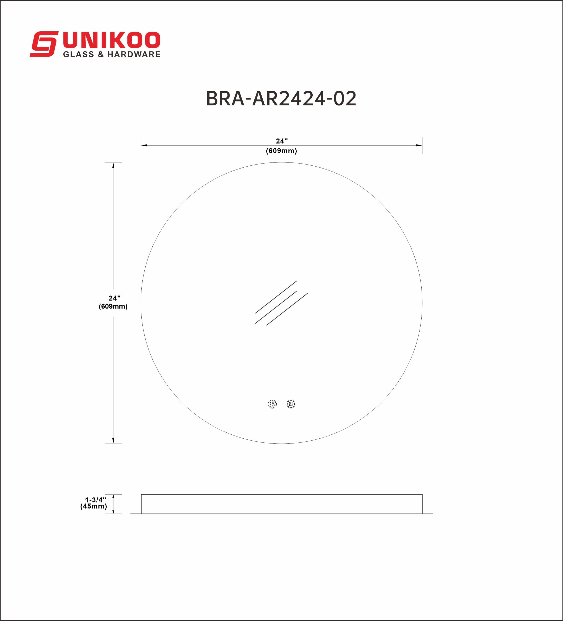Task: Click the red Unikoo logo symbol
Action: click(x=44, y=44)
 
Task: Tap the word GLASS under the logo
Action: click(x=79, y=55)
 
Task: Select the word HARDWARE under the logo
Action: click(x=134, y=55)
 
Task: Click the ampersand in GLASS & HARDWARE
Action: click(x=101, y=55)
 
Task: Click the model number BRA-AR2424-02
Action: click(x=281, y=99)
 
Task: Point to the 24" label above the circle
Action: click(x=281, y=141)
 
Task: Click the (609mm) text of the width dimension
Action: click(x=281, y=151)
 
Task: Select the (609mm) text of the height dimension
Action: click(x=113, y=306)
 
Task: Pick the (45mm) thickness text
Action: click(x=94, y=506)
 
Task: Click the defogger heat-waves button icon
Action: click(x=272, y=404)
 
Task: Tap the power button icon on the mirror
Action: click(x=291, y=404)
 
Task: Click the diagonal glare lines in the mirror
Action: click(x=281, y=303)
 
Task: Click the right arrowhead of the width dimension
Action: click(x=419, y=145)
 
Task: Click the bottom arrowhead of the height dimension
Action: click(x=113, y=440)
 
